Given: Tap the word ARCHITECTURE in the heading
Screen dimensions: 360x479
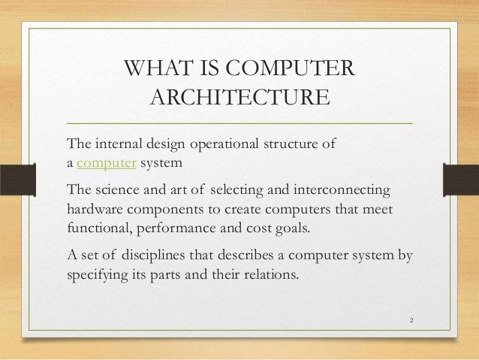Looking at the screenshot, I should pos(239,98).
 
